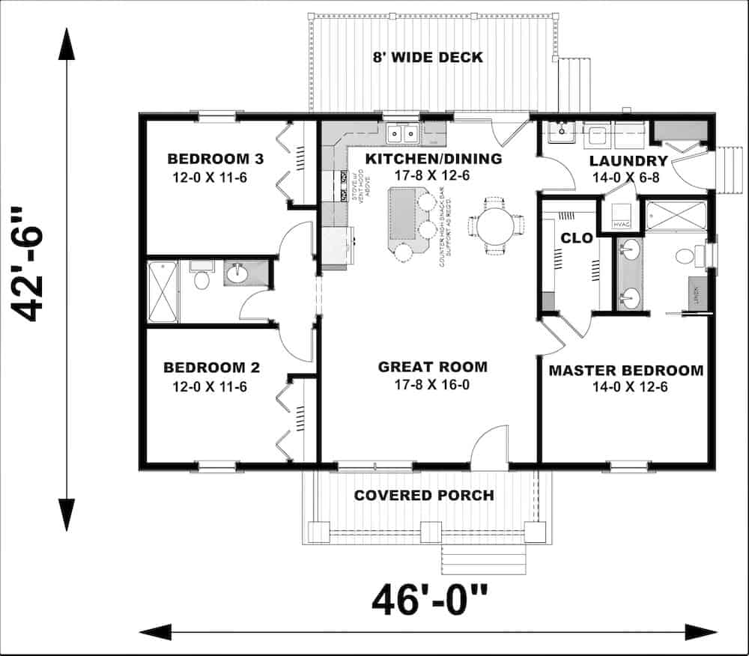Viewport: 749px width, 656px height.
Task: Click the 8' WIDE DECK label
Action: coord(428,57)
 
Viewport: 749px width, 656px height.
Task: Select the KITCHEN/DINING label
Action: coord(433,159)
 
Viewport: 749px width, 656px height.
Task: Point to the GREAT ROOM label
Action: coord(432,367)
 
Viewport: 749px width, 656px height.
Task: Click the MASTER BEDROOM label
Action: coord(625,370)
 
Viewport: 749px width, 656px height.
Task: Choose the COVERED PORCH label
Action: coord(423,495)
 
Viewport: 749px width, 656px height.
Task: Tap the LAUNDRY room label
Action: coord(628,161)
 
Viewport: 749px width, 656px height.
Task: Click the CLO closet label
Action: coord(577,239)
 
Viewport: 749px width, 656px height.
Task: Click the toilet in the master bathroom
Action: coord(686,257)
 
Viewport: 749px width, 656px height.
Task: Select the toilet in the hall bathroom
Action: coord(201,279)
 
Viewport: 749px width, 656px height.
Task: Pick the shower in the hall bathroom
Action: coord(163,292)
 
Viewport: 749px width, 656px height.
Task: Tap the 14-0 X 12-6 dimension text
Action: coord(625,387)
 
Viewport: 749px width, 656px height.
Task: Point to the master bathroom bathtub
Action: coord(676,216)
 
